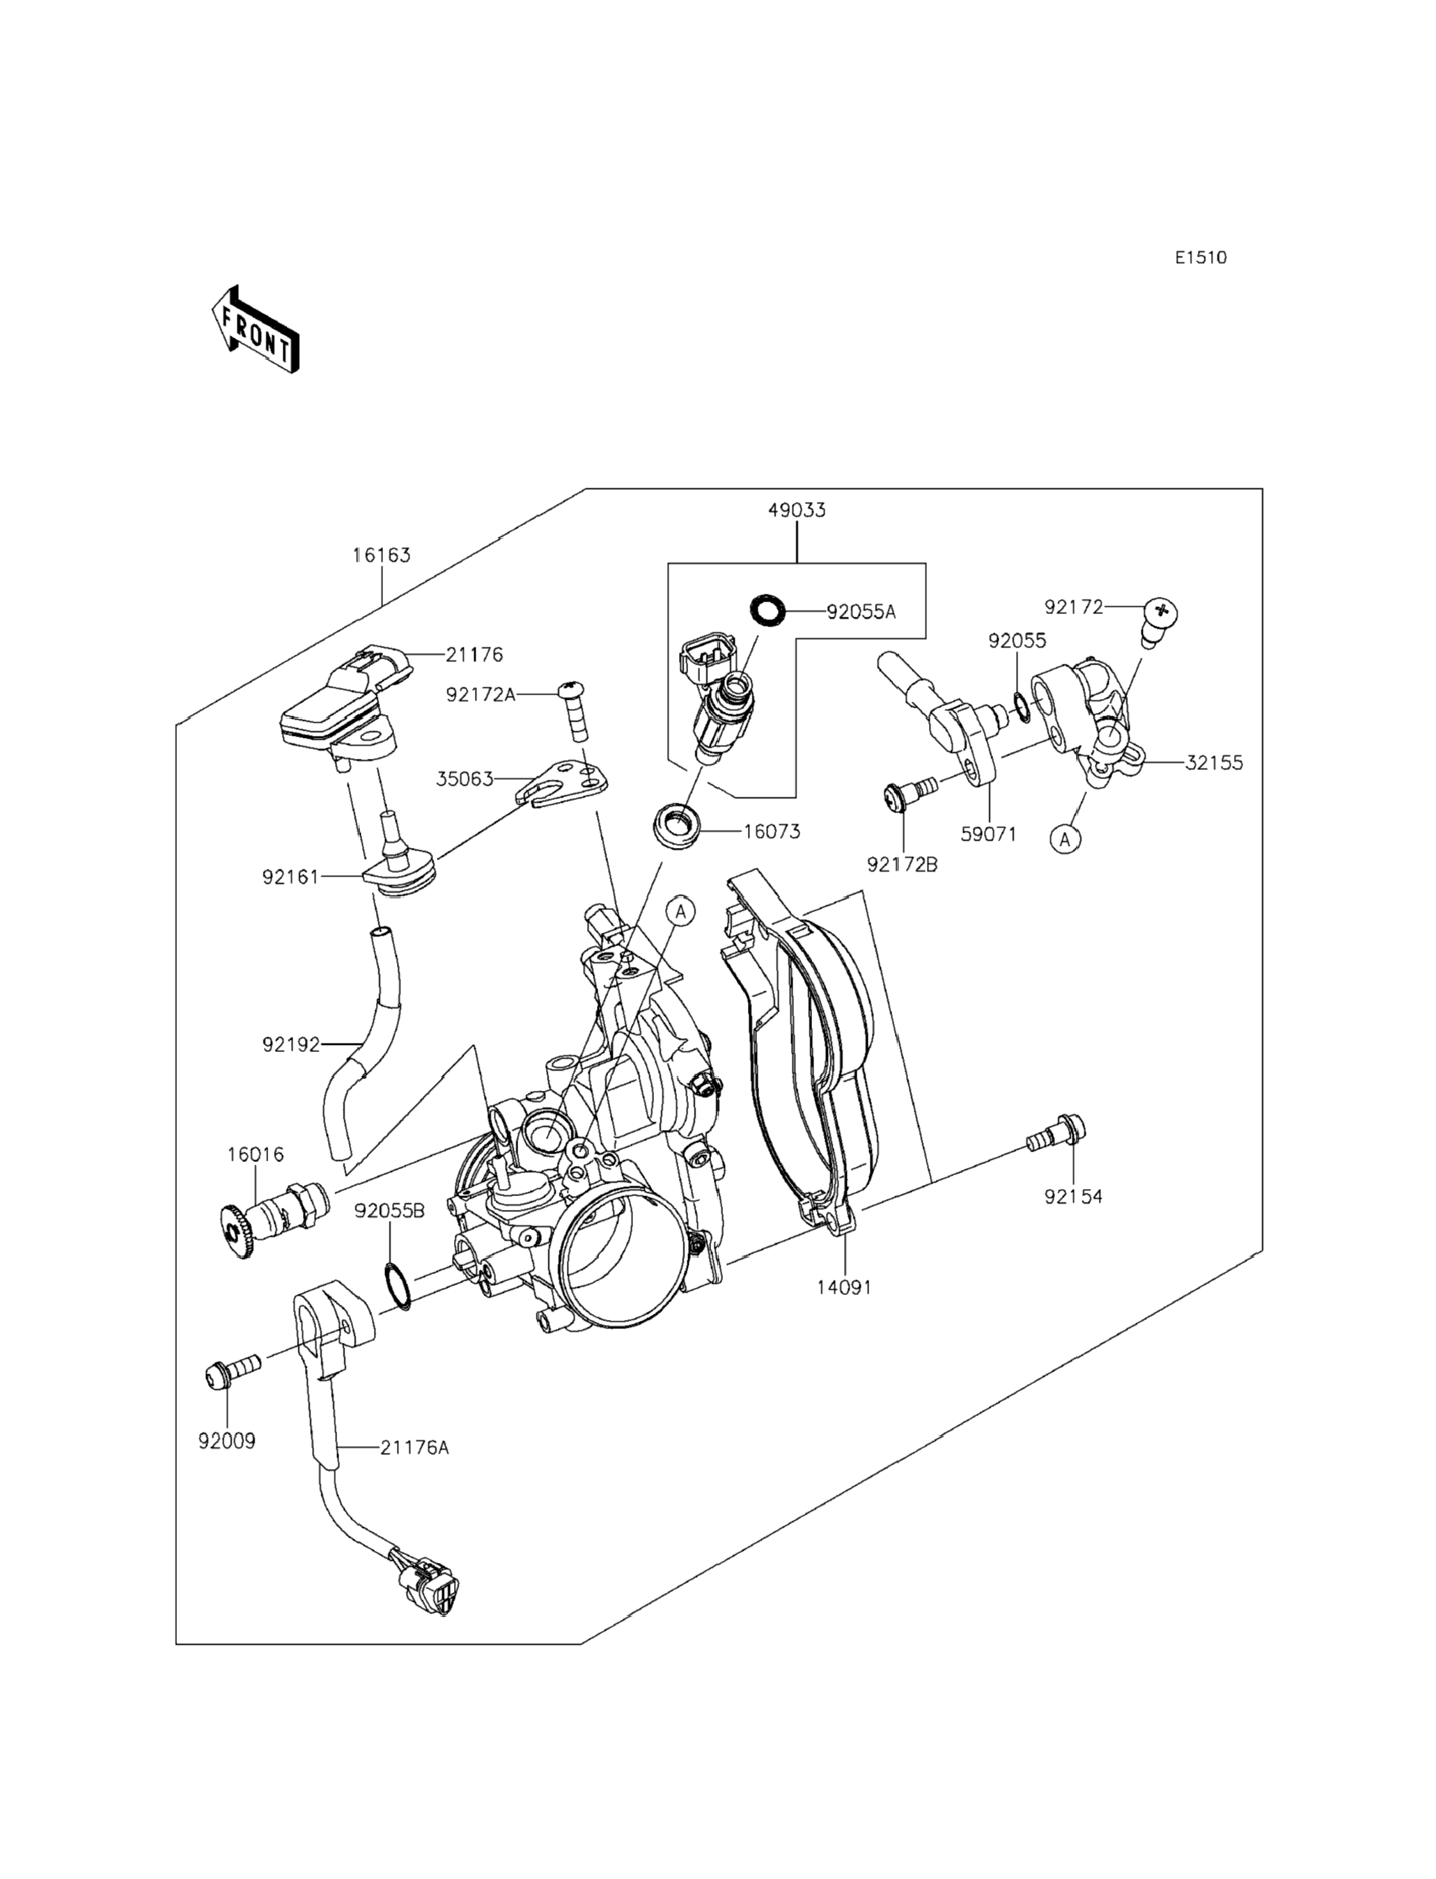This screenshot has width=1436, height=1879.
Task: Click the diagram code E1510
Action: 1200,257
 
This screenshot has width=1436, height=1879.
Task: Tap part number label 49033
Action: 797,510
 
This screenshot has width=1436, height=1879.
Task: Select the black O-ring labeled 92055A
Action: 767,611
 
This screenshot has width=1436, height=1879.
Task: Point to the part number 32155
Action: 1214,763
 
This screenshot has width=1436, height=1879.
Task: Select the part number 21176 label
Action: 474,654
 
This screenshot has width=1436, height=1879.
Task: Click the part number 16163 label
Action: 382,556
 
